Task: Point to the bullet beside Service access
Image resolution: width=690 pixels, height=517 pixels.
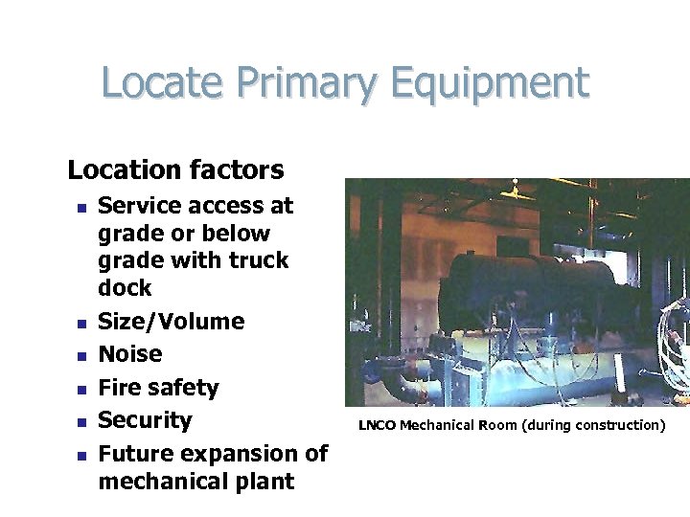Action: pyautogui.click(x=82, y=206)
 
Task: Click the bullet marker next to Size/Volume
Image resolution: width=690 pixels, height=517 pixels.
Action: pyautogui.click(x=82, y=323)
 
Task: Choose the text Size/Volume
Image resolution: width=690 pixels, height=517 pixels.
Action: pyautogui.click(x=172, y=322)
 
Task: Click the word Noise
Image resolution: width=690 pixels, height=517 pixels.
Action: pyautogui.click(x=130, y=354)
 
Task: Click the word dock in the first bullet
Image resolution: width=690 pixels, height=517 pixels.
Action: pyautogui.click(x=125, y=287)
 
